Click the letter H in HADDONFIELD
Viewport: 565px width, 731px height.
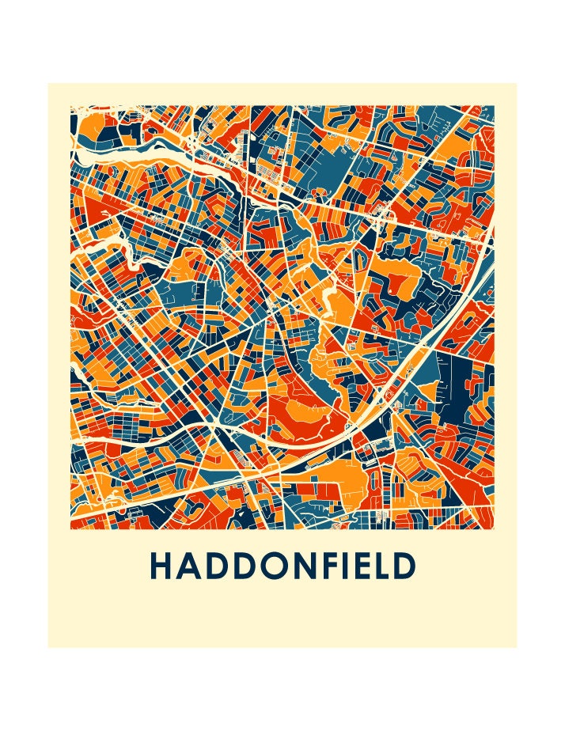[x=161, y=566]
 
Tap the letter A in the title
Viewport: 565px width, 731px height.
[x=188, y=566]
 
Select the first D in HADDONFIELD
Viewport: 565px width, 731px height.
[x=216, y=566]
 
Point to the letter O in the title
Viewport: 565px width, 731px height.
[x=274, y=566]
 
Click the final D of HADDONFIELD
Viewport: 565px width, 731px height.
[x=406, y=566]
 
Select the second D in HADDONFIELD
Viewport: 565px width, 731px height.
[x=244, y=566]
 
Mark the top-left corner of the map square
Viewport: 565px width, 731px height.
[x=71, y=107]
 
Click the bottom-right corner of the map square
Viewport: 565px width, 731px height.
[x=494, y=528]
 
